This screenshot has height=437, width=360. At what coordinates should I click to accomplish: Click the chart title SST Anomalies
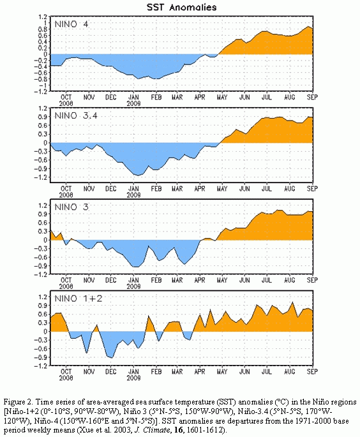point(181,7)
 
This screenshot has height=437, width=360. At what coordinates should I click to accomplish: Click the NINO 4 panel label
point(71,24)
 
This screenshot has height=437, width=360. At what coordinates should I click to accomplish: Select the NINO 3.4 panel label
point(76,115)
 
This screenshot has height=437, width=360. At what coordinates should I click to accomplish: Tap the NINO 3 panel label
point(71,207)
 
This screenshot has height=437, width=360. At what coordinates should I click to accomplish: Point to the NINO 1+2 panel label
point(79,299)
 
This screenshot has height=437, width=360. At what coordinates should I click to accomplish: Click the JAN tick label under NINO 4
point(133,97)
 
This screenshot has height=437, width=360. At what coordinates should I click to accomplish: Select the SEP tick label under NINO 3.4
point(312,188)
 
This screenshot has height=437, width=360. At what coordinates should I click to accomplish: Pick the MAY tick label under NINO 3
point(222,280)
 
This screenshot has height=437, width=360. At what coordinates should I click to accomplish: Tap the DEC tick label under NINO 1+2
point(110,371)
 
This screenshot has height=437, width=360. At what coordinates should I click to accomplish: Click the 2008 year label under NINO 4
point(66,103)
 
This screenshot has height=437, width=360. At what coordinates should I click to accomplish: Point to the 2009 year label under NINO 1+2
point(133,378)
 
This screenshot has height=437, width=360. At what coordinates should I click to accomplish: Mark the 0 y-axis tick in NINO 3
point(46,240)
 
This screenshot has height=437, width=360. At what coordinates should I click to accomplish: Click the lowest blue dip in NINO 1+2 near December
point(112,357)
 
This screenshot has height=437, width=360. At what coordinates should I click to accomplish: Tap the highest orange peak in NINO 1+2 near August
point(292,302)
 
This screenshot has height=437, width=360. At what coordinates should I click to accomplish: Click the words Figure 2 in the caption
point(18,402)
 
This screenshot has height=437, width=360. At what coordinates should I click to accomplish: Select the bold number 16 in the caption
point(178,430)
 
